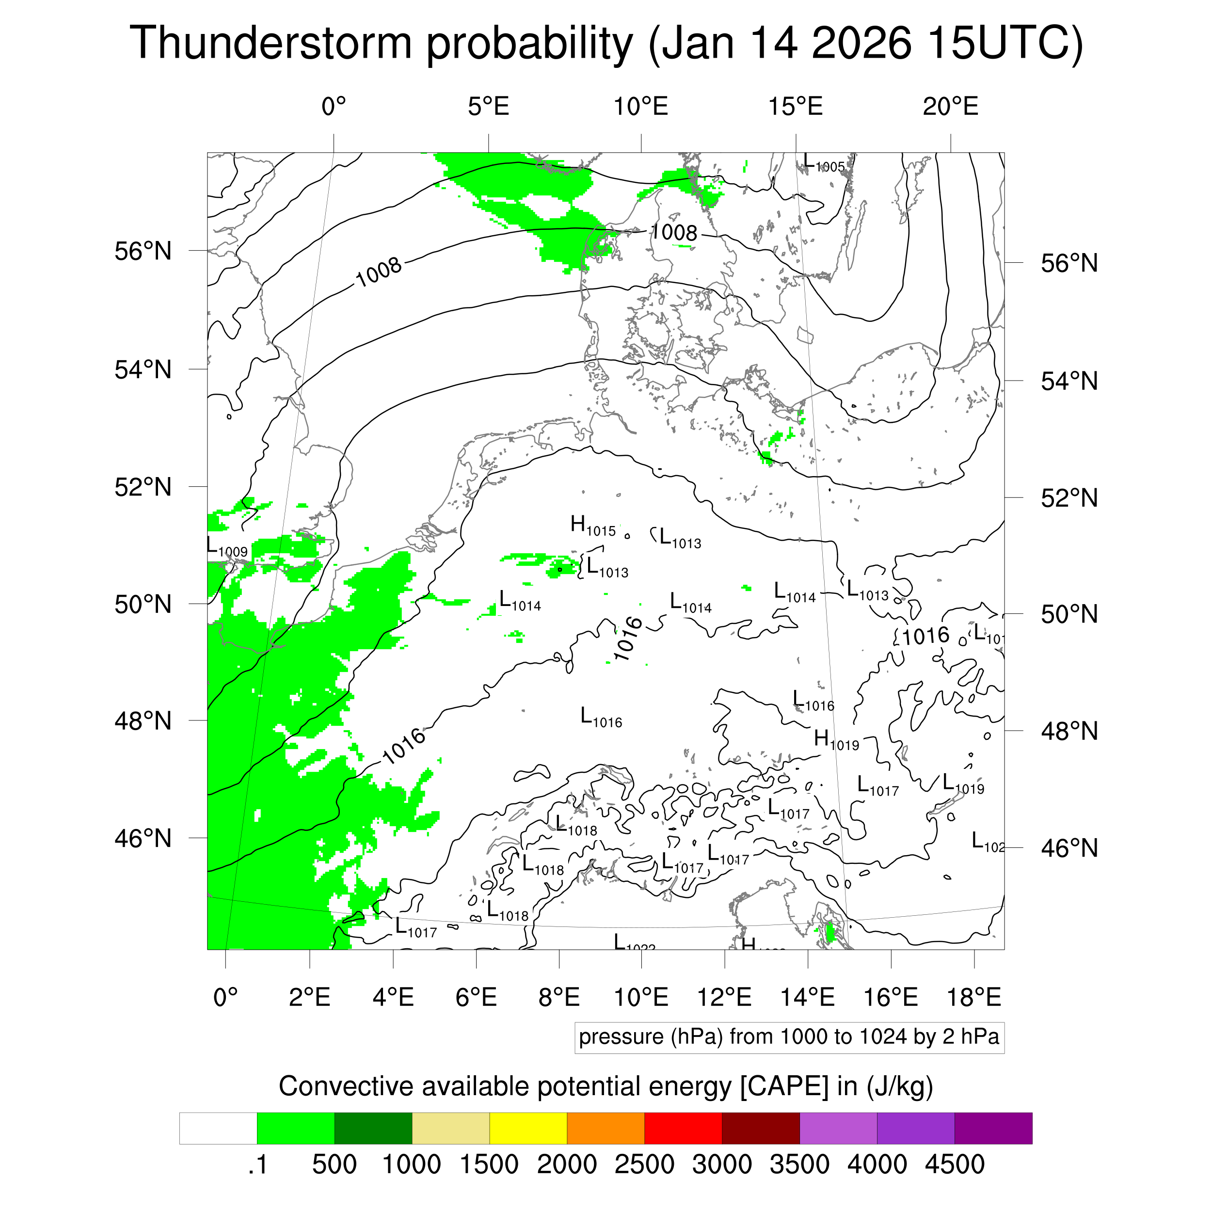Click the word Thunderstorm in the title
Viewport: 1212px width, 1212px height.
tap(271, 43)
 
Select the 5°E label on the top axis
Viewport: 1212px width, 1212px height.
tap(488, 107)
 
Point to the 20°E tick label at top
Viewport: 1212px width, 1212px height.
tap(950, 107)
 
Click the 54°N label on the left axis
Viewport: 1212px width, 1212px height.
tap(143, 369)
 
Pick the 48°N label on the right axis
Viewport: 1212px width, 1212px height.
tap(1069, 732)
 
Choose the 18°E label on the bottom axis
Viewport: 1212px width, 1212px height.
tap(973, 997)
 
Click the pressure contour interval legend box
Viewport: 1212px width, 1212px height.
tap(789, 1037)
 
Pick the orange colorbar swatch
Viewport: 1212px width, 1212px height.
tap(606, 1128)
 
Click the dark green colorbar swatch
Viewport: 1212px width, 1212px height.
tap(373, 1128)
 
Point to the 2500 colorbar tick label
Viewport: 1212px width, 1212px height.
tap(644, 1164)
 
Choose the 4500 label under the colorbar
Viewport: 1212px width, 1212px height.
tap(954, 1164)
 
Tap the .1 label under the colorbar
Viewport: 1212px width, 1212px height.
tap(258, 1164)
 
